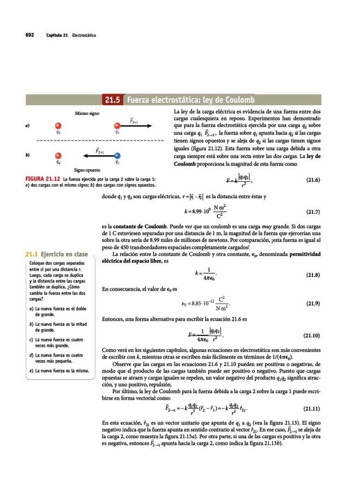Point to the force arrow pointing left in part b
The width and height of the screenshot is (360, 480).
(98, 155)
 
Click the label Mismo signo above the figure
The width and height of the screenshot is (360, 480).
(86, 114)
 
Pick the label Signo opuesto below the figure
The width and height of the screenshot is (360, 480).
(86, 170)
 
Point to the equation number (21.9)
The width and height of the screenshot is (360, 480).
(312, 303)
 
